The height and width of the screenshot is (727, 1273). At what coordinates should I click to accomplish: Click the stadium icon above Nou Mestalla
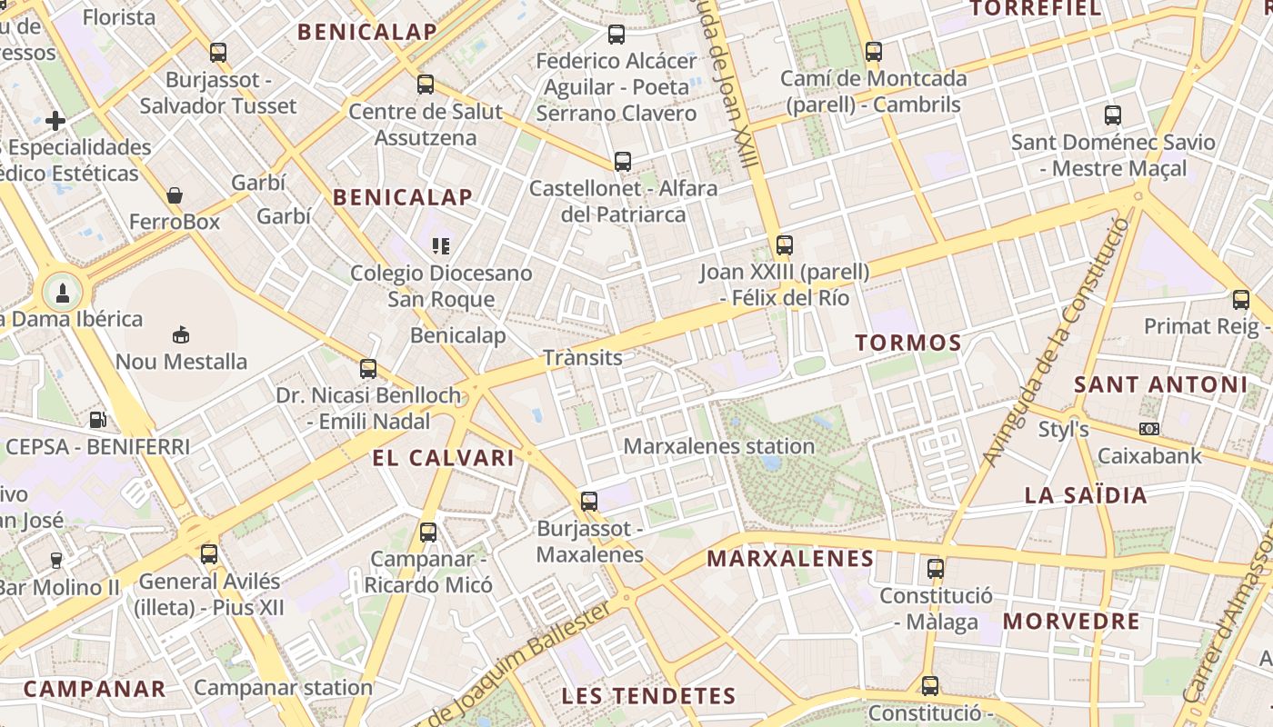181,334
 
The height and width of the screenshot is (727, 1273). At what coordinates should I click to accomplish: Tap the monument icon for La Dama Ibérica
63,293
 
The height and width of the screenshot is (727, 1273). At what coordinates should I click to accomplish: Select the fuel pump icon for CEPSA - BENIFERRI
97,420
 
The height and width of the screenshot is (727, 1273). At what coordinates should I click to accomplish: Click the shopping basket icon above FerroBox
175,195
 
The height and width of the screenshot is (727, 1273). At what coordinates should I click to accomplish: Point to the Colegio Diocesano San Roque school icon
441,245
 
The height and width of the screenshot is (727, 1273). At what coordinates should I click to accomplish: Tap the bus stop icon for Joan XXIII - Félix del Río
784,244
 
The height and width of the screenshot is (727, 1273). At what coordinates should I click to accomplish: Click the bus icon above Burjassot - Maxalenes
589,501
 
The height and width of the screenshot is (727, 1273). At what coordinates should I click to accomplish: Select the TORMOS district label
908,343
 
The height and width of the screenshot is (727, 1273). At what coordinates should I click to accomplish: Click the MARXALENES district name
790,558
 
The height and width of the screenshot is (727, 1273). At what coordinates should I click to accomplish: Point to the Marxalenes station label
718,446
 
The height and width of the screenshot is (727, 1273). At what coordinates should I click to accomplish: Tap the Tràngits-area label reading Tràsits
583,357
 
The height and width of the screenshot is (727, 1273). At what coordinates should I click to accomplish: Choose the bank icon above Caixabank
1149,428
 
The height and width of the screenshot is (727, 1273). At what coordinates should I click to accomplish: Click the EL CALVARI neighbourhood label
444,458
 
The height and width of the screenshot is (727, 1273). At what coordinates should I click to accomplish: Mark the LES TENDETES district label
648,696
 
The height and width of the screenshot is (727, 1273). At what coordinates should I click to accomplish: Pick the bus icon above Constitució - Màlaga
936,569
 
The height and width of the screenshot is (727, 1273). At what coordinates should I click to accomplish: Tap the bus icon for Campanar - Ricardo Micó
428,533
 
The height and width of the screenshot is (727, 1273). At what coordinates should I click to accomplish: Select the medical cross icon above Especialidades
55,120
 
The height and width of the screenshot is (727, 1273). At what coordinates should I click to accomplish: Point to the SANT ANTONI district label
1161,384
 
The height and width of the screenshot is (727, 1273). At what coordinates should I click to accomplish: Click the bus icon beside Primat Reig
1241,299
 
